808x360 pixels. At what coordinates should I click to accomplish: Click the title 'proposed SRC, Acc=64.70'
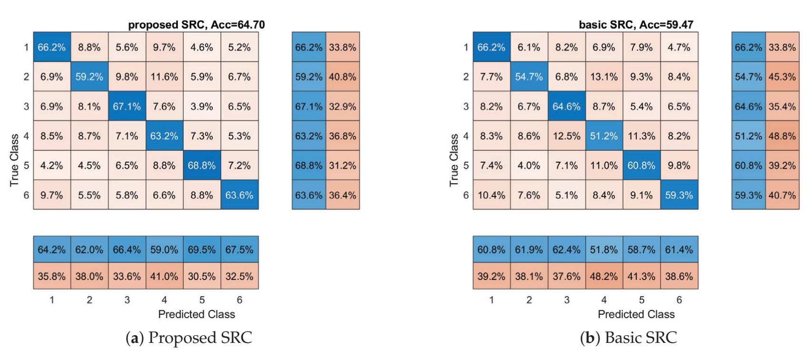click(196, 25)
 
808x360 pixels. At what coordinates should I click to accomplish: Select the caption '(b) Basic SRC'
click(628, 337)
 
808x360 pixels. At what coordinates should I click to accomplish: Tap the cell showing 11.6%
click(164, 77)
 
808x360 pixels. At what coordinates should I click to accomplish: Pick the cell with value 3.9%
click(202, 107)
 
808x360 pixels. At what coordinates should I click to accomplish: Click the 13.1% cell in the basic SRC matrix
click(604, 77)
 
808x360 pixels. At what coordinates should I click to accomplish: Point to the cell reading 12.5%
click(566, 136)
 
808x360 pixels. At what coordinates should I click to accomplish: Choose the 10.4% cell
click(491, 195)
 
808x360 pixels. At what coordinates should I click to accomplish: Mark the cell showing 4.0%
click(529, 165)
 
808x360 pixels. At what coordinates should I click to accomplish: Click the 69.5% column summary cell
click(202, 250)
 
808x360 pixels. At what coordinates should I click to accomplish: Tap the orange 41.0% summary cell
click(164, 276)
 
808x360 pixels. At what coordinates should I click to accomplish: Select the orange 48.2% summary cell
click(604, 276)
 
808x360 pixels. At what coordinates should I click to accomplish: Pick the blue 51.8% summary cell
click(604, 250)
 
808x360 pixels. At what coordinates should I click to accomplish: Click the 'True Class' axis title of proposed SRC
click(15, 160)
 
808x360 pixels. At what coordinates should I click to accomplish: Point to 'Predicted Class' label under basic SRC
click(636, 314)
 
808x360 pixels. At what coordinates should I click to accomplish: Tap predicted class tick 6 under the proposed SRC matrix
click(239, 300)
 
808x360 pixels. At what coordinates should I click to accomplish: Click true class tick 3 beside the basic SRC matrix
click(466, 107)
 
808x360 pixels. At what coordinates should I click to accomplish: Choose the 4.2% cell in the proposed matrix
click(52, 165)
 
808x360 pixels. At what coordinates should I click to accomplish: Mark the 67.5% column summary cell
click(239, 250)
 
